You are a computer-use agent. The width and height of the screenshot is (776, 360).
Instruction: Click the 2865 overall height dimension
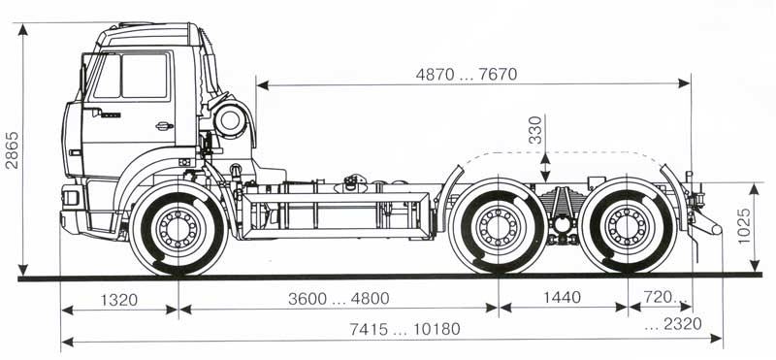[12, 150]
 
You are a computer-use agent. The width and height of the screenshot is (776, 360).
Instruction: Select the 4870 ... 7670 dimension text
[467, 75]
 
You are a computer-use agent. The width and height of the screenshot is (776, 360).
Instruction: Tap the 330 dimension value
[535, 130]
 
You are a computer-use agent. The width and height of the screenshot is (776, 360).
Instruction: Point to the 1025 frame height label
[744, 226]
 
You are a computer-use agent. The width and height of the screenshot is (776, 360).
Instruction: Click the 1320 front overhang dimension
[119, 300]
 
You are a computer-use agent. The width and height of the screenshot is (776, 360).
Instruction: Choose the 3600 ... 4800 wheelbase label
[339, 299]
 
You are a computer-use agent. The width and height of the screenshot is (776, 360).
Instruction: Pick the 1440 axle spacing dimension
[563, 298]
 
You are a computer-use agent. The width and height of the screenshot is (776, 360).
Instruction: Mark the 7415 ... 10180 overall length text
[404, 329]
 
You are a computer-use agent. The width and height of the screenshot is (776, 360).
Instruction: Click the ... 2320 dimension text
[673, 324]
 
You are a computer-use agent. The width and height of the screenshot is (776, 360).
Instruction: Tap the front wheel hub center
[178, 229]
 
